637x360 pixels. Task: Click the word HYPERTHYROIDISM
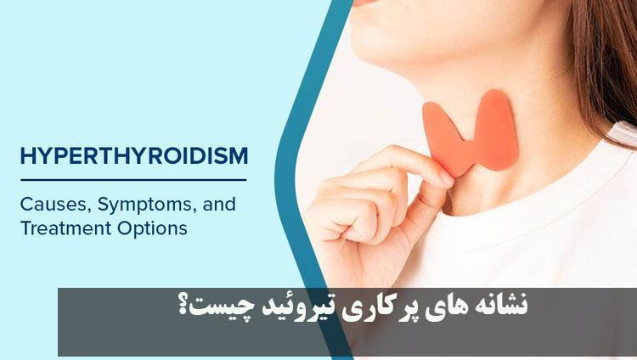point(133,156)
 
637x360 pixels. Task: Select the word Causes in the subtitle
point(50,205)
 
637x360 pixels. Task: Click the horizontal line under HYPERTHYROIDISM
point(133,179)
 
